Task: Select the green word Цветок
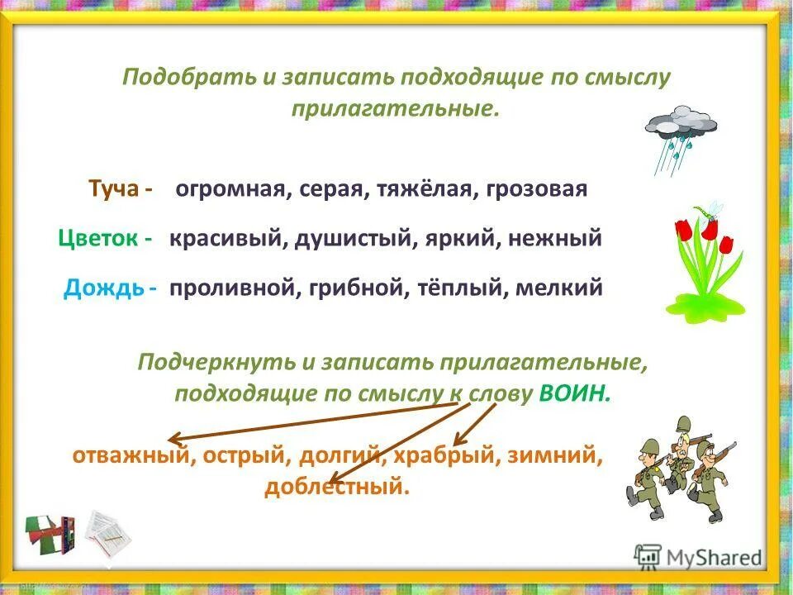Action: (x=98, y=239)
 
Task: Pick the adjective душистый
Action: (x=355, y=239)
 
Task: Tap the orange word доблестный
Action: (x=337, y=487)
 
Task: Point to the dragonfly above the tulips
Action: (x=712, y=208)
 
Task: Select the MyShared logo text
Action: (x=715, y=558)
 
